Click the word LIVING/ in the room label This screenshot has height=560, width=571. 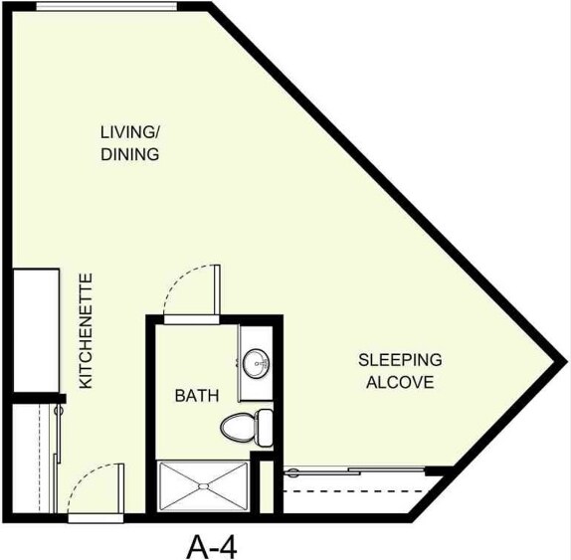(129, 132)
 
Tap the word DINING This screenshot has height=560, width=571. (129, 155)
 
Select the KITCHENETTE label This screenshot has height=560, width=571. (86, 330)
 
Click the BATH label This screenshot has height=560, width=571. (197, 396)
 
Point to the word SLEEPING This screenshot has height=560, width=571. (400, 360)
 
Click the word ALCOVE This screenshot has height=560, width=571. (400, 382)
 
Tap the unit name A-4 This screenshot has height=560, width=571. (213, 544)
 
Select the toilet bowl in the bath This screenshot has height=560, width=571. (237, 427)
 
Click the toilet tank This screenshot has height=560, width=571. (265, 427)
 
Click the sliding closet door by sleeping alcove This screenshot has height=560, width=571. (358, 471)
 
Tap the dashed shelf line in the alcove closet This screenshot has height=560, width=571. (358, 492)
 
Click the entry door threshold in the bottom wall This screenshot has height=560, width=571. (95, 517)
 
